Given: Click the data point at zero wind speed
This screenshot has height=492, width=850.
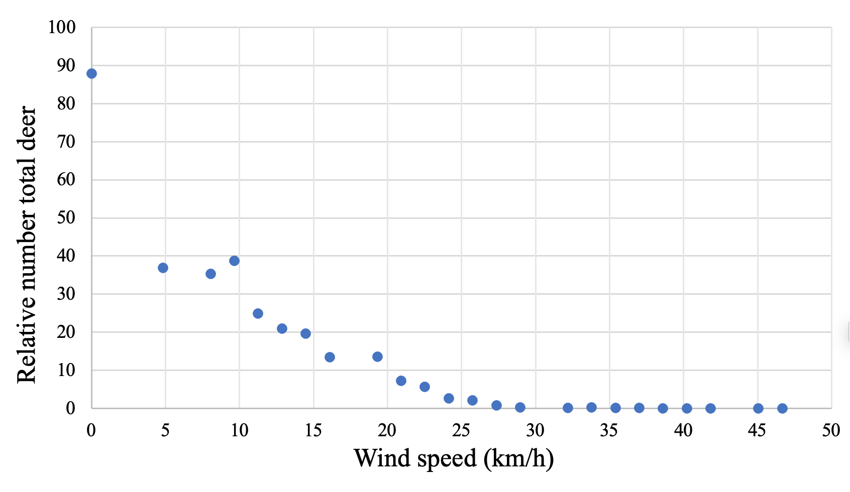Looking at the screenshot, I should pyautogui.click(x=91, y=74).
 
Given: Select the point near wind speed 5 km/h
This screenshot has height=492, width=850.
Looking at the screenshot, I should pyautogui.click(x=163, y=268).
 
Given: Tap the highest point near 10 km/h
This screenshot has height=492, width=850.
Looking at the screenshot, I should pyautogui.click(x=234, y=261).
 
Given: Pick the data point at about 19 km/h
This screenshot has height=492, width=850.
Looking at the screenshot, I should pyautogui.click(x=377, y=357).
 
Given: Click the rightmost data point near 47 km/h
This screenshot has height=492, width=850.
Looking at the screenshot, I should pyautogui.click(x=782, y=409).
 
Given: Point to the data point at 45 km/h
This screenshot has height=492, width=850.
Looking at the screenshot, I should pyautogui.click(x=758, y=409).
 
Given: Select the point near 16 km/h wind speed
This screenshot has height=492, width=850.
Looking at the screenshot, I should pyautogui.click(x=330, y=357).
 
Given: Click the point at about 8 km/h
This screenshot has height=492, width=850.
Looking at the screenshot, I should pyautogui.click(x=210, y=274).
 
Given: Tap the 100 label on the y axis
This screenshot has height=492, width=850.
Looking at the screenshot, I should pyautogui.click(x=62, y=28).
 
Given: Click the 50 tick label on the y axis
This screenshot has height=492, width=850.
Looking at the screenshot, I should pyautogui.click(x=66, y=218).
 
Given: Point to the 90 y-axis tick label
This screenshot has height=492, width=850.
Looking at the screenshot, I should pyautogui.click(x=66, y=65).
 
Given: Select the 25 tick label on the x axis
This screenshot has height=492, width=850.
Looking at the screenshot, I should pyautogui.click(x=461, y=431).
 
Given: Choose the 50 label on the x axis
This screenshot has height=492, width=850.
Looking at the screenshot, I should pyautogui.click(x=831, y=431).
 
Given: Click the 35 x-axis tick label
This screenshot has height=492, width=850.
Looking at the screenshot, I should pyautogui.click(x=609, y=431).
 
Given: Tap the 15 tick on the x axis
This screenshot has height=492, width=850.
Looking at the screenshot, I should pyautogui.click(x=313, y=431).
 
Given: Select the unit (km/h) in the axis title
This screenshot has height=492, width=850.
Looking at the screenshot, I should pyautogui.click(x=519, y=458).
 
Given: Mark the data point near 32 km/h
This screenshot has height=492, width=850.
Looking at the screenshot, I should pyautogui.click(x=568, y=408).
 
